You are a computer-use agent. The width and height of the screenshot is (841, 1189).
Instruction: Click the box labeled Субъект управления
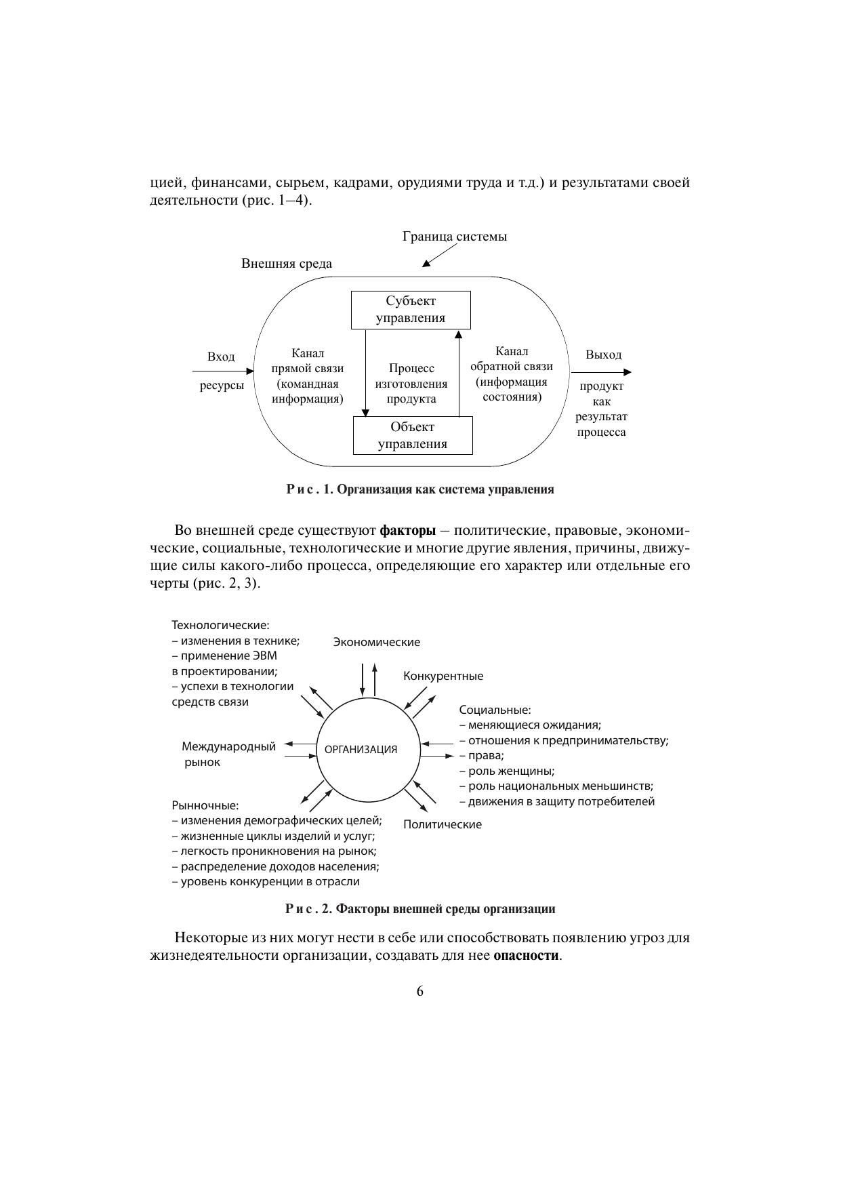(x=411, y=310)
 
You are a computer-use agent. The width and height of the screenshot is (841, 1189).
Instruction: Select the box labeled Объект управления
(x=413, y=435)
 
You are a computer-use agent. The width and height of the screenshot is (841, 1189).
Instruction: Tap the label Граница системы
(x=455, y=237)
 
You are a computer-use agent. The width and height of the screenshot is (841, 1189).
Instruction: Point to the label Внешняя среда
(x=287, y=264)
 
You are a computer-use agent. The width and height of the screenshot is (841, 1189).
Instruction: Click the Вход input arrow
(x=222, y=371)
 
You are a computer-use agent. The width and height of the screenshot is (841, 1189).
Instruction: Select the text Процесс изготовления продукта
(x=411, y=384)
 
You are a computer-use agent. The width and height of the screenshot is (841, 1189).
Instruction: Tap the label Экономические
(x=376, y=642)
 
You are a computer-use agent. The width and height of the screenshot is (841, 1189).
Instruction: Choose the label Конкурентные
(x=443, y=676)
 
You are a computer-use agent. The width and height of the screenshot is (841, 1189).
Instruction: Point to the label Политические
(x=443, y=824)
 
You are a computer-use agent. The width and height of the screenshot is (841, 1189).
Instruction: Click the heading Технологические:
(x=220, y=625)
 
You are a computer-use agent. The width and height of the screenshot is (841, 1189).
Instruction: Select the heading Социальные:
(x=495, y=710)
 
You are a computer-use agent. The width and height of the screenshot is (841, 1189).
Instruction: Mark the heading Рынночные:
(x=205, y=805)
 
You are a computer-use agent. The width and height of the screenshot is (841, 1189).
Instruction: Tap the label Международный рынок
(x=228, y=754)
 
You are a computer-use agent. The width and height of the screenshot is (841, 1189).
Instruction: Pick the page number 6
(x=420, y=991)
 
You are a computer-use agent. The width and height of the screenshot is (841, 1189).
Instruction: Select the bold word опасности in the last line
(x=527, y=956)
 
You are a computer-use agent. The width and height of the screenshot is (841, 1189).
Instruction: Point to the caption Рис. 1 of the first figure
(x=419, y=489)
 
